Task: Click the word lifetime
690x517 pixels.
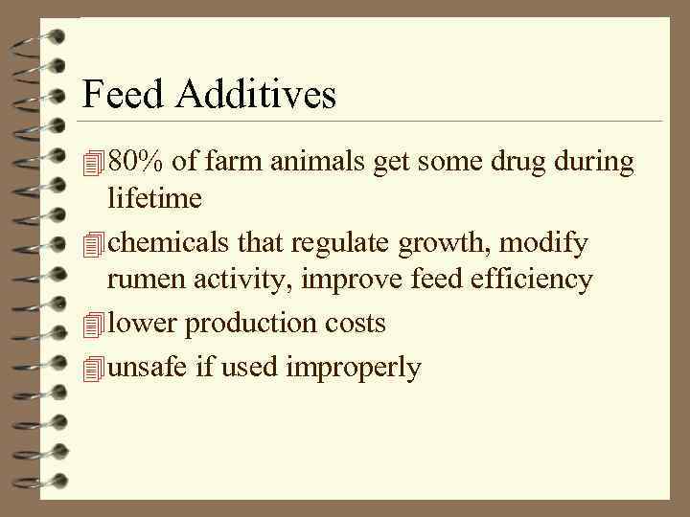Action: (x=154, y=198)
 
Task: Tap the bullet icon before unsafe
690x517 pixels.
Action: (x=92, y=367)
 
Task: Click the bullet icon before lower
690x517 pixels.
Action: (x=92, y=325)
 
